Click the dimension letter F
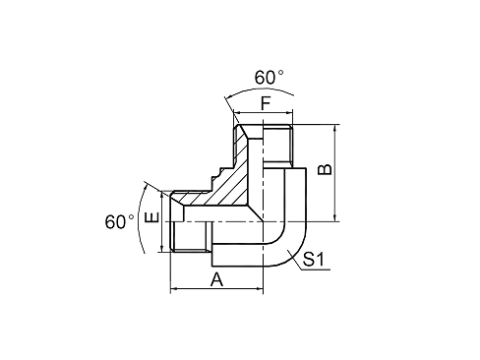[266, 104]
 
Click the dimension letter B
[326, 169]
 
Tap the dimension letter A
[216, 279]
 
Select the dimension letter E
[151, 217]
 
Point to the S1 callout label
[313, 259]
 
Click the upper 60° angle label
[269, 78]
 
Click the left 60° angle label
[119, 222]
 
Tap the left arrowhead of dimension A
[174, 288]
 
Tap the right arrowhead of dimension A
[260, 288]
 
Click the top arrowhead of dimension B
[334, 128]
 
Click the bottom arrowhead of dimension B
[334, 218]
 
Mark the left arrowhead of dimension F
[236, 113]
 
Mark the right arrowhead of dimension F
[289, 113]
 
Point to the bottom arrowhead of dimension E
[161, 249]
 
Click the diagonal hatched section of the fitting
[226, 184]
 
